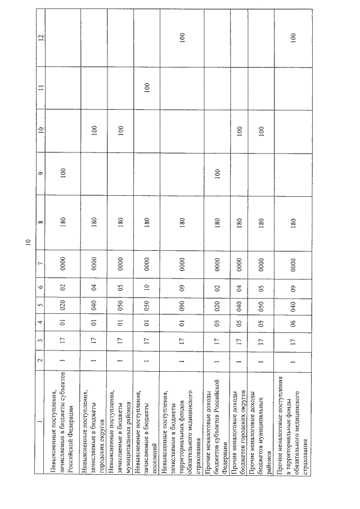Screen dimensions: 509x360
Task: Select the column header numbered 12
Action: tap(40, 39)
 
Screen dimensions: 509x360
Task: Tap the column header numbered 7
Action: tap(40, 265)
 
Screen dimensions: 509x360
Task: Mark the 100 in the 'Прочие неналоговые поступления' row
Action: tap(292, 39)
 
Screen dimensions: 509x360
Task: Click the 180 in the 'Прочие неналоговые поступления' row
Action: tap(292, 222)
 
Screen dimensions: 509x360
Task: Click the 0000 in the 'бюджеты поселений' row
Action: tap(147, 265)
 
